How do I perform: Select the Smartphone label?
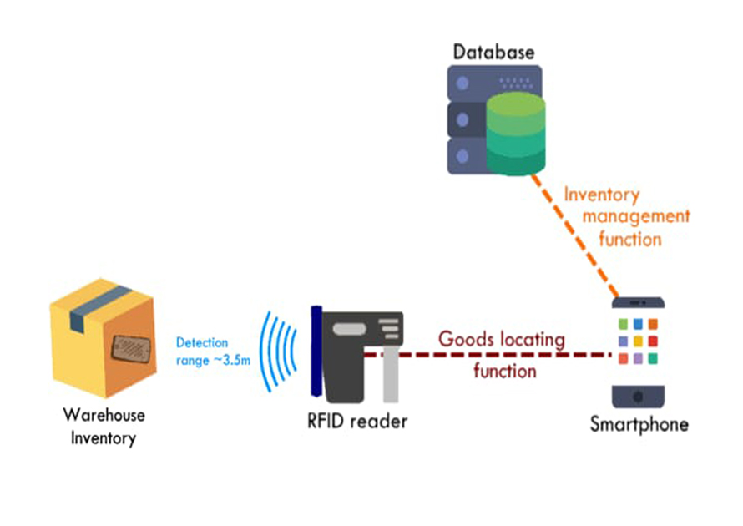pyautogui.click(x=639, y=424)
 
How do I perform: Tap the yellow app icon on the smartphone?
pyautogui.click(x=639, y=341)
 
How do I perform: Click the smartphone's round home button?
pyautogui.click(x=639, y=394)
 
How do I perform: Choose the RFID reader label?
pyautogui.click(x=356, y=420)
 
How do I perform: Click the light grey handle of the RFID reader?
pyautogui.click(x=391, y=376)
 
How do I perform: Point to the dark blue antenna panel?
pyautogui.click(x=316, y=351)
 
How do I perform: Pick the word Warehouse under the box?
pyautogui.click(x=104, y=415)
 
